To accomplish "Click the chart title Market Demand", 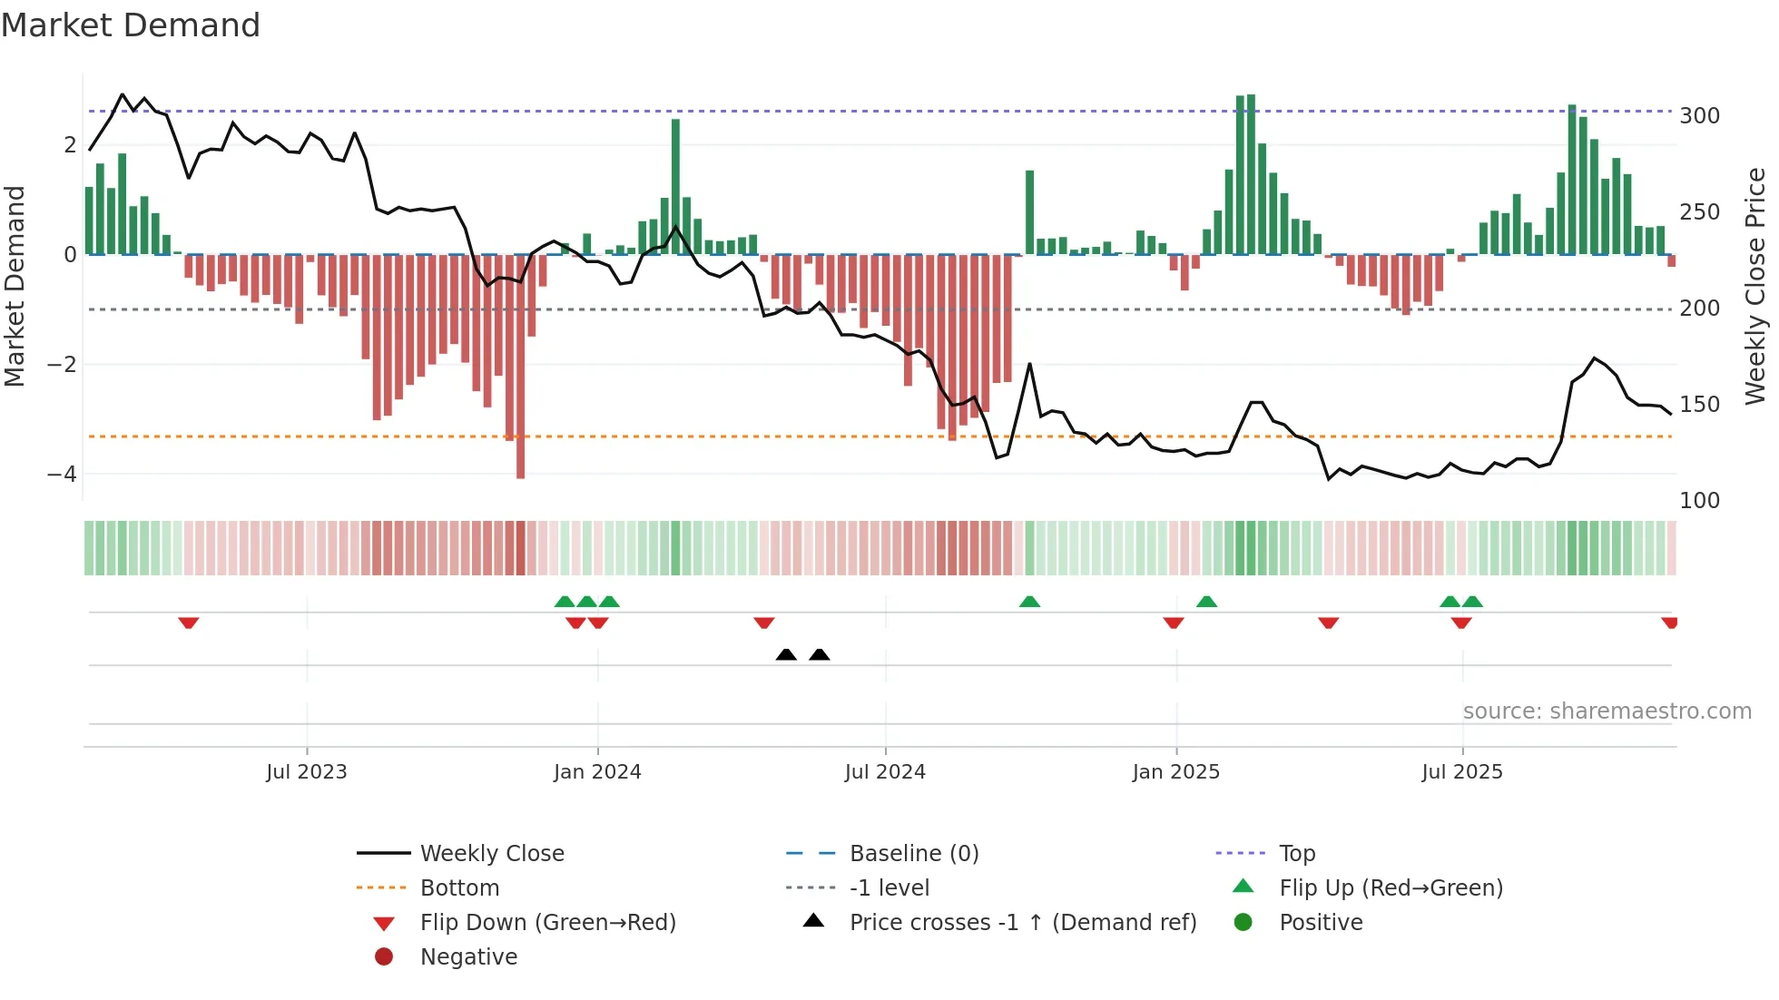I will pos(131,25).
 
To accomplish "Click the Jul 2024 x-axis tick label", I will pos(885,772).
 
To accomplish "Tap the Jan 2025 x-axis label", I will pos(1175,772).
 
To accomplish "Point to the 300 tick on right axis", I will pos(1699,116).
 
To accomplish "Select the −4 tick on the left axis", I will pos(62,475).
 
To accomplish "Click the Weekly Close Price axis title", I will pos(1755,286).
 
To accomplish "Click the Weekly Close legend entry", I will pos(491,854).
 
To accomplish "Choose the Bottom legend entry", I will pos(459,888).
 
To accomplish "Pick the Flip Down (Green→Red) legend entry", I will pos(547,923).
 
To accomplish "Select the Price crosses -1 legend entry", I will pos(1022,923).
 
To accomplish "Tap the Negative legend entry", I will pos(468,957).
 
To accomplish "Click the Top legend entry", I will pos(1296,854).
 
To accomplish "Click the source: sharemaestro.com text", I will pos(1607,711).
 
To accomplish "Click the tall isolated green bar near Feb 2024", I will pos(675,186).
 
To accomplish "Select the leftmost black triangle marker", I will pos(786,655).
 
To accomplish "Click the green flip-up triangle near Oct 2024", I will pos(1029,602).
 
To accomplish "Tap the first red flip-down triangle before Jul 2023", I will pos(188,623).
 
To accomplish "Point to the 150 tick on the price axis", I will pos(1699,405).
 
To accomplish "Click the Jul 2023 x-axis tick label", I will pos(307,772).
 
